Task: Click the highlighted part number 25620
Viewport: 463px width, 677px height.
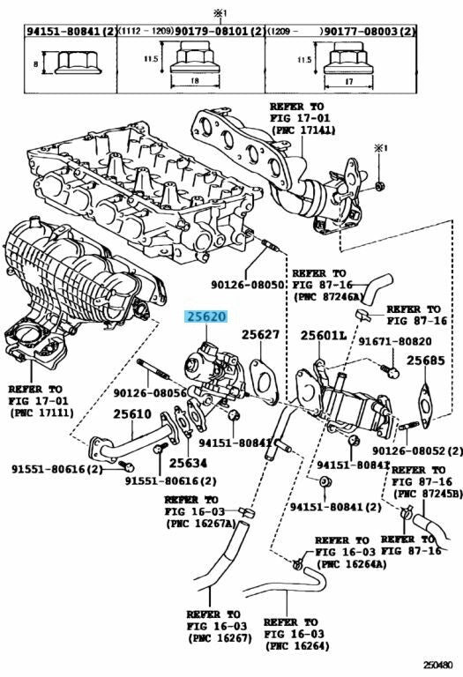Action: [205, 316]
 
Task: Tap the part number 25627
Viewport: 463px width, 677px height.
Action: [260, 335]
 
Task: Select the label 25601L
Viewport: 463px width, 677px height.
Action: [324, 336]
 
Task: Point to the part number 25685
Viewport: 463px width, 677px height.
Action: [425, 360]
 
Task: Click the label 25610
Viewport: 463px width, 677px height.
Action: [132, 414]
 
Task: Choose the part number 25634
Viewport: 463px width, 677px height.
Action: [188, 463]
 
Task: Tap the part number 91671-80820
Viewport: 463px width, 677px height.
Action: [395, 341]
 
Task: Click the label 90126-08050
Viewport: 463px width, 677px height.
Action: [247, 285]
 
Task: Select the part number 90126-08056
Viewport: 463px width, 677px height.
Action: [150, 393]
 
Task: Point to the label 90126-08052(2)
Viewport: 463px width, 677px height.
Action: [417, 450]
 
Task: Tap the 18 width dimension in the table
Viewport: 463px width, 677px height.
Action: [194, 81]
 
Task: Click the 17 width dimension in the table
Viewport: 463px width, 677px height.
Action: [349, 81]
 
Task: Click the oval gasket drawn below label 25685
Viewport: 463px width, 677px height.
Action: [425, 405]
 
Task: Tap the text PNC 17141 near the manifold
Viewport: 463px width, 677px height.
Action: [302, 129]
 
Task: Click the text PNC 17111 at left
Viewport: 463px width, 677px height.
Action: [41, 413]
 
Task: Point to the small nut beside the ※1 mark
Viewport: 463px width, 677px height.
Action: [379, 187]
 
